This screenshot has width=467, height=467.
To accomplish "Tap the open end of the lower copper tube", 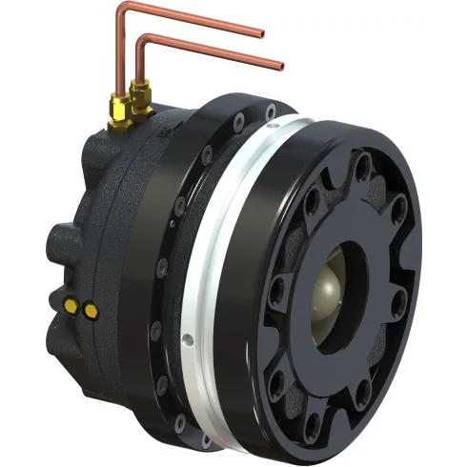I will tap(282, 67).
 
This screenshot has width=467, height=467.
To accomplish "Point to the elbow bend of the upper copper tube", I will tap(121, 10).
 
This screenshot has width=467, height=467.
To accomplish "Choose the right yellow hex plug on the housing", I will tap(89, 310).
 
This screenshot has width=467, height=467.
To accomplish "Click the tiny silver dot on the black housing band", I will tap(173, 224).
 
